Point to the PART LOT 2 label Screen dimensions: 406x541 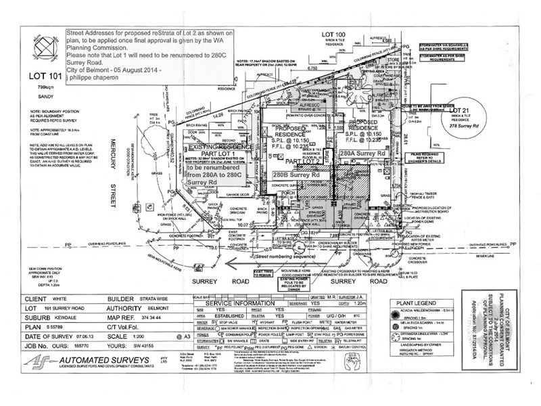coord(300,162)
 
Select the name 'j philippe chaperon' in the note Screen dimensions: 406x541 coord(98,78)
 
